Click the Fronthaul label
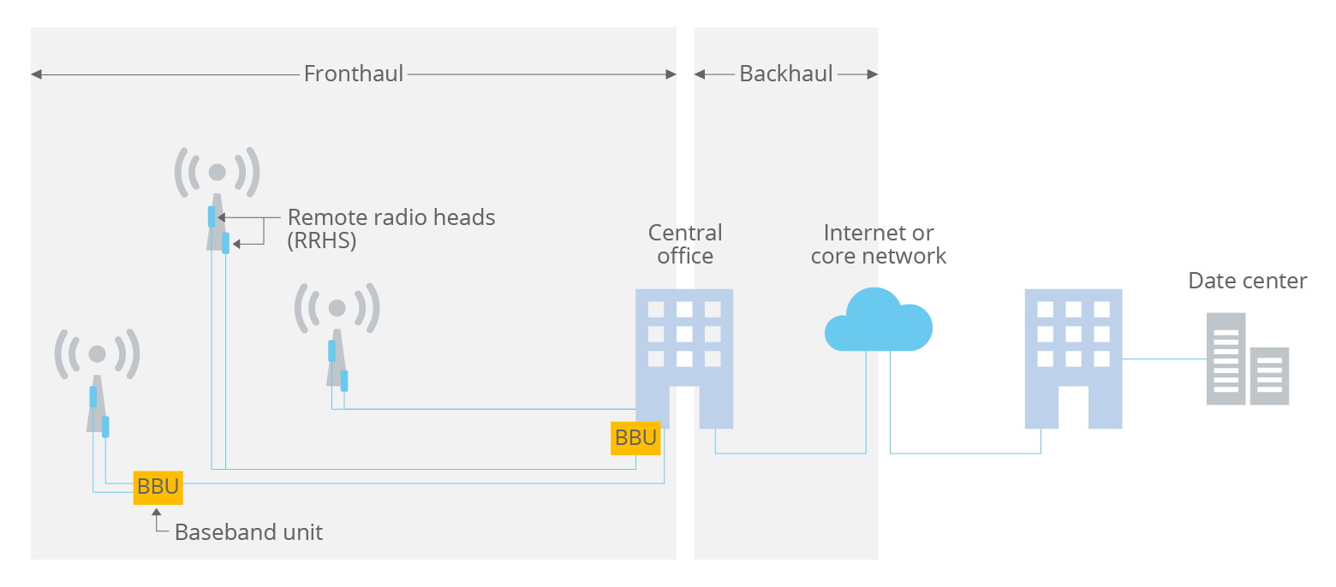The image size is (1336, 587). pos(353,74)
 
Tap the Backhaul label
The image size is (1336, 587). pos(785,74)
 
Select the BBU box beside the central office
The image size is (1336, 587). pos(635,438)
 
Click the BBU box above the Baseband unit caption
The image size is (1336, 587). pos(158,487)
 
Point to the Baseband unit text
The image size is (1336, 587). pos(248,532)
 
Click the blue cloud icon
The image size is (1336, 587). pos(878,323)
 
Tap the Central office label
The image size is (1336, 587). pos(685,244)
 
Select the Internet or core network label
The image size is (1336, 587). pos(878,244)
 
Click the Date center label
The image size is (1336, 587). pos(1247,281)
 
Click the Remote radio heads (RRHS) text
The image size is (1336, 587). pos(391,228)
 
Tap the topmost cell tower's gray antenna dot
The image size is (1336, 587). pos(217,172)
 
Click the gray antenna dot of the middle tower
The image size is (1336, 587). pos(337,307)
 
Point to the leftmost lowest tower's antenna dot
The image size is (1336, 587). pos(97,353)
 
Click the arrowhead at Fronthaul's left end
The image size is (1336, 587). pos(36,74)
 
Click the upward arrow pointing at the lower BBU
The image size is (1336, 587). pos(156,513)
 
